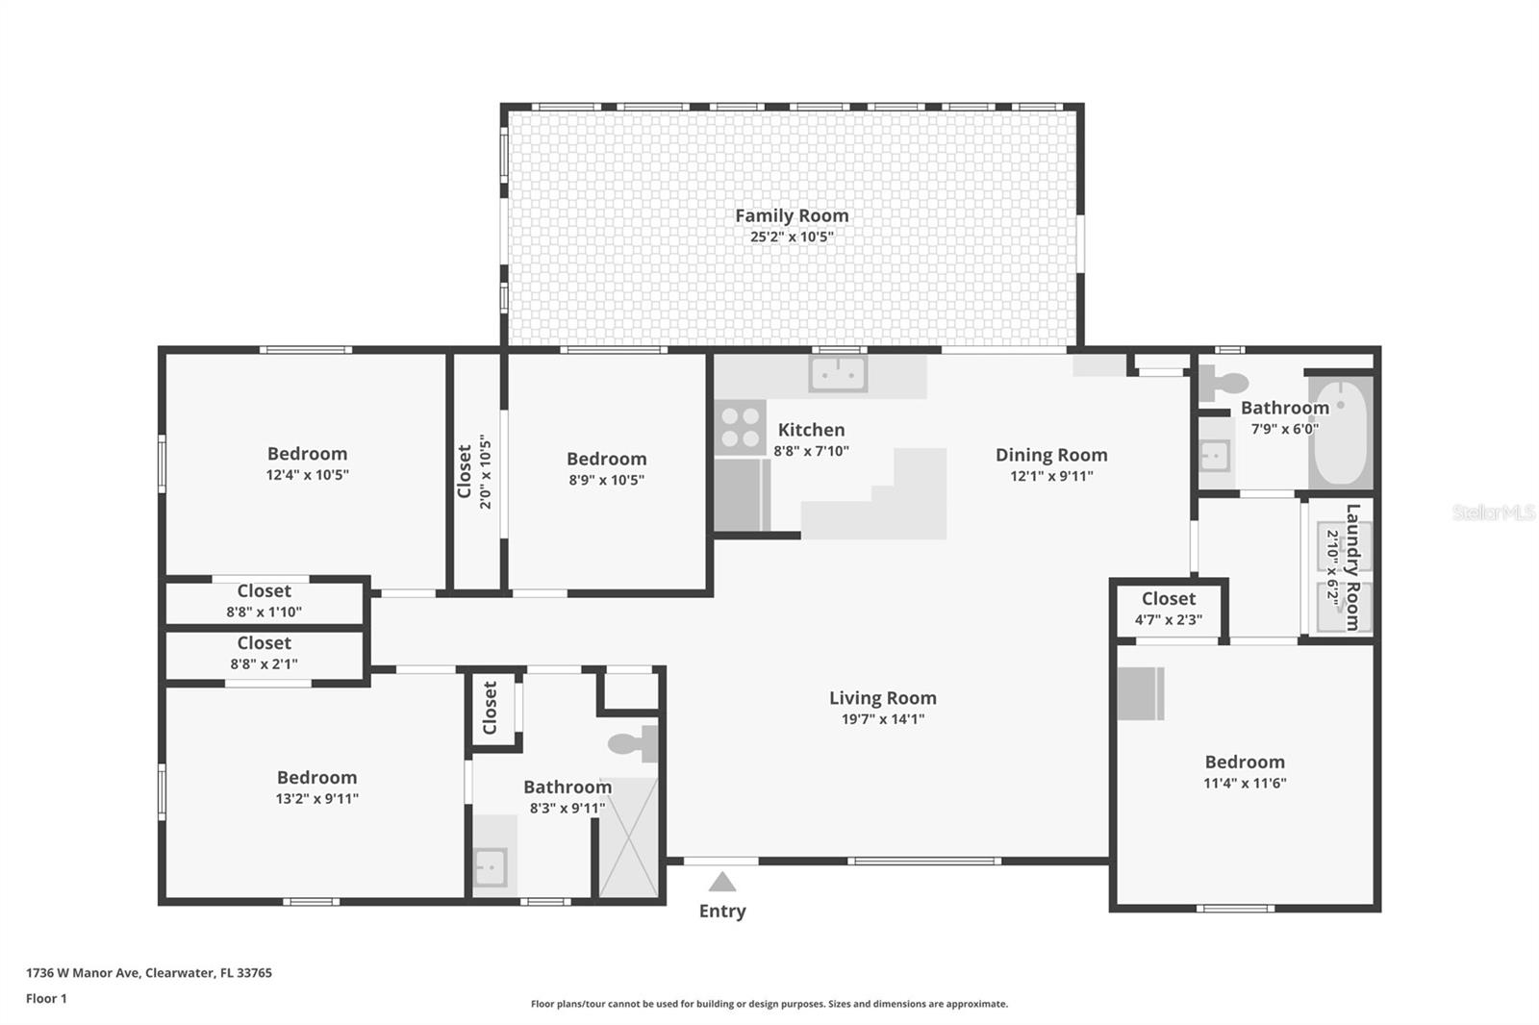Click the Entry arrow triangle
722,882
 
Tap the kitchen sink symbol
838,374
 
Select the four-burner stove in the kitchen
741,428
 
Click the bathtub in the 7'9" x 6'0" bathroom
1340,435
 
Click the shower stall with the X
629,837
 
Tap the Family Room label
792,215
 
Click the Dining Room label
1050,455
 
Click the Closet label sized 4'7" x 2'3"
1169,599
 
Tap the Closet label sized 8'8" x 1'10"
265,591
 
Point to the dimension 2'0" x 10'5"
487,473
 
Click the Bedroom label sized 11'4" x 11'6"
1245,762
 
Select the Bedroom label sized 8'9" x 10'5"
606,459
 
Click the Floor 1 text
46,998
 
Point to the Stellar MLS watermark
1493,512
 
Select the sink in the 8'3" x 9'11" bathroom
490,865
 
